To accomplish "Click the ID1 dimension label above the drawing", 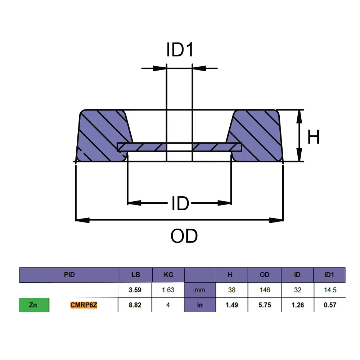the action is coord(180,50).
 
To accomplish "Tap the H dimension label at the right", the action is coord(313,137).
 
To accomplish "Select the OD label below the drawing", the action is coord(184,236).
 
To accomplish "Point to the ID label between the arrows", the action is coord(180,203).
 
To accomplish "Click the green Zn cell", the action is coord(34,305).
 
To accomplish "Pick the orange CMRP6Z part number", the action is coord(84,305).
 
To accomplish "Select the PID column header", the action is coord(69,275).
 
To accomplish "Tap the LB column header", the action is coord(136,275).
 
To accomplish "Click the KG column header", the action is coord(168,275).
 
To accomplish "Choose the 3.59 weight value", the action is coord(135,290).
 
